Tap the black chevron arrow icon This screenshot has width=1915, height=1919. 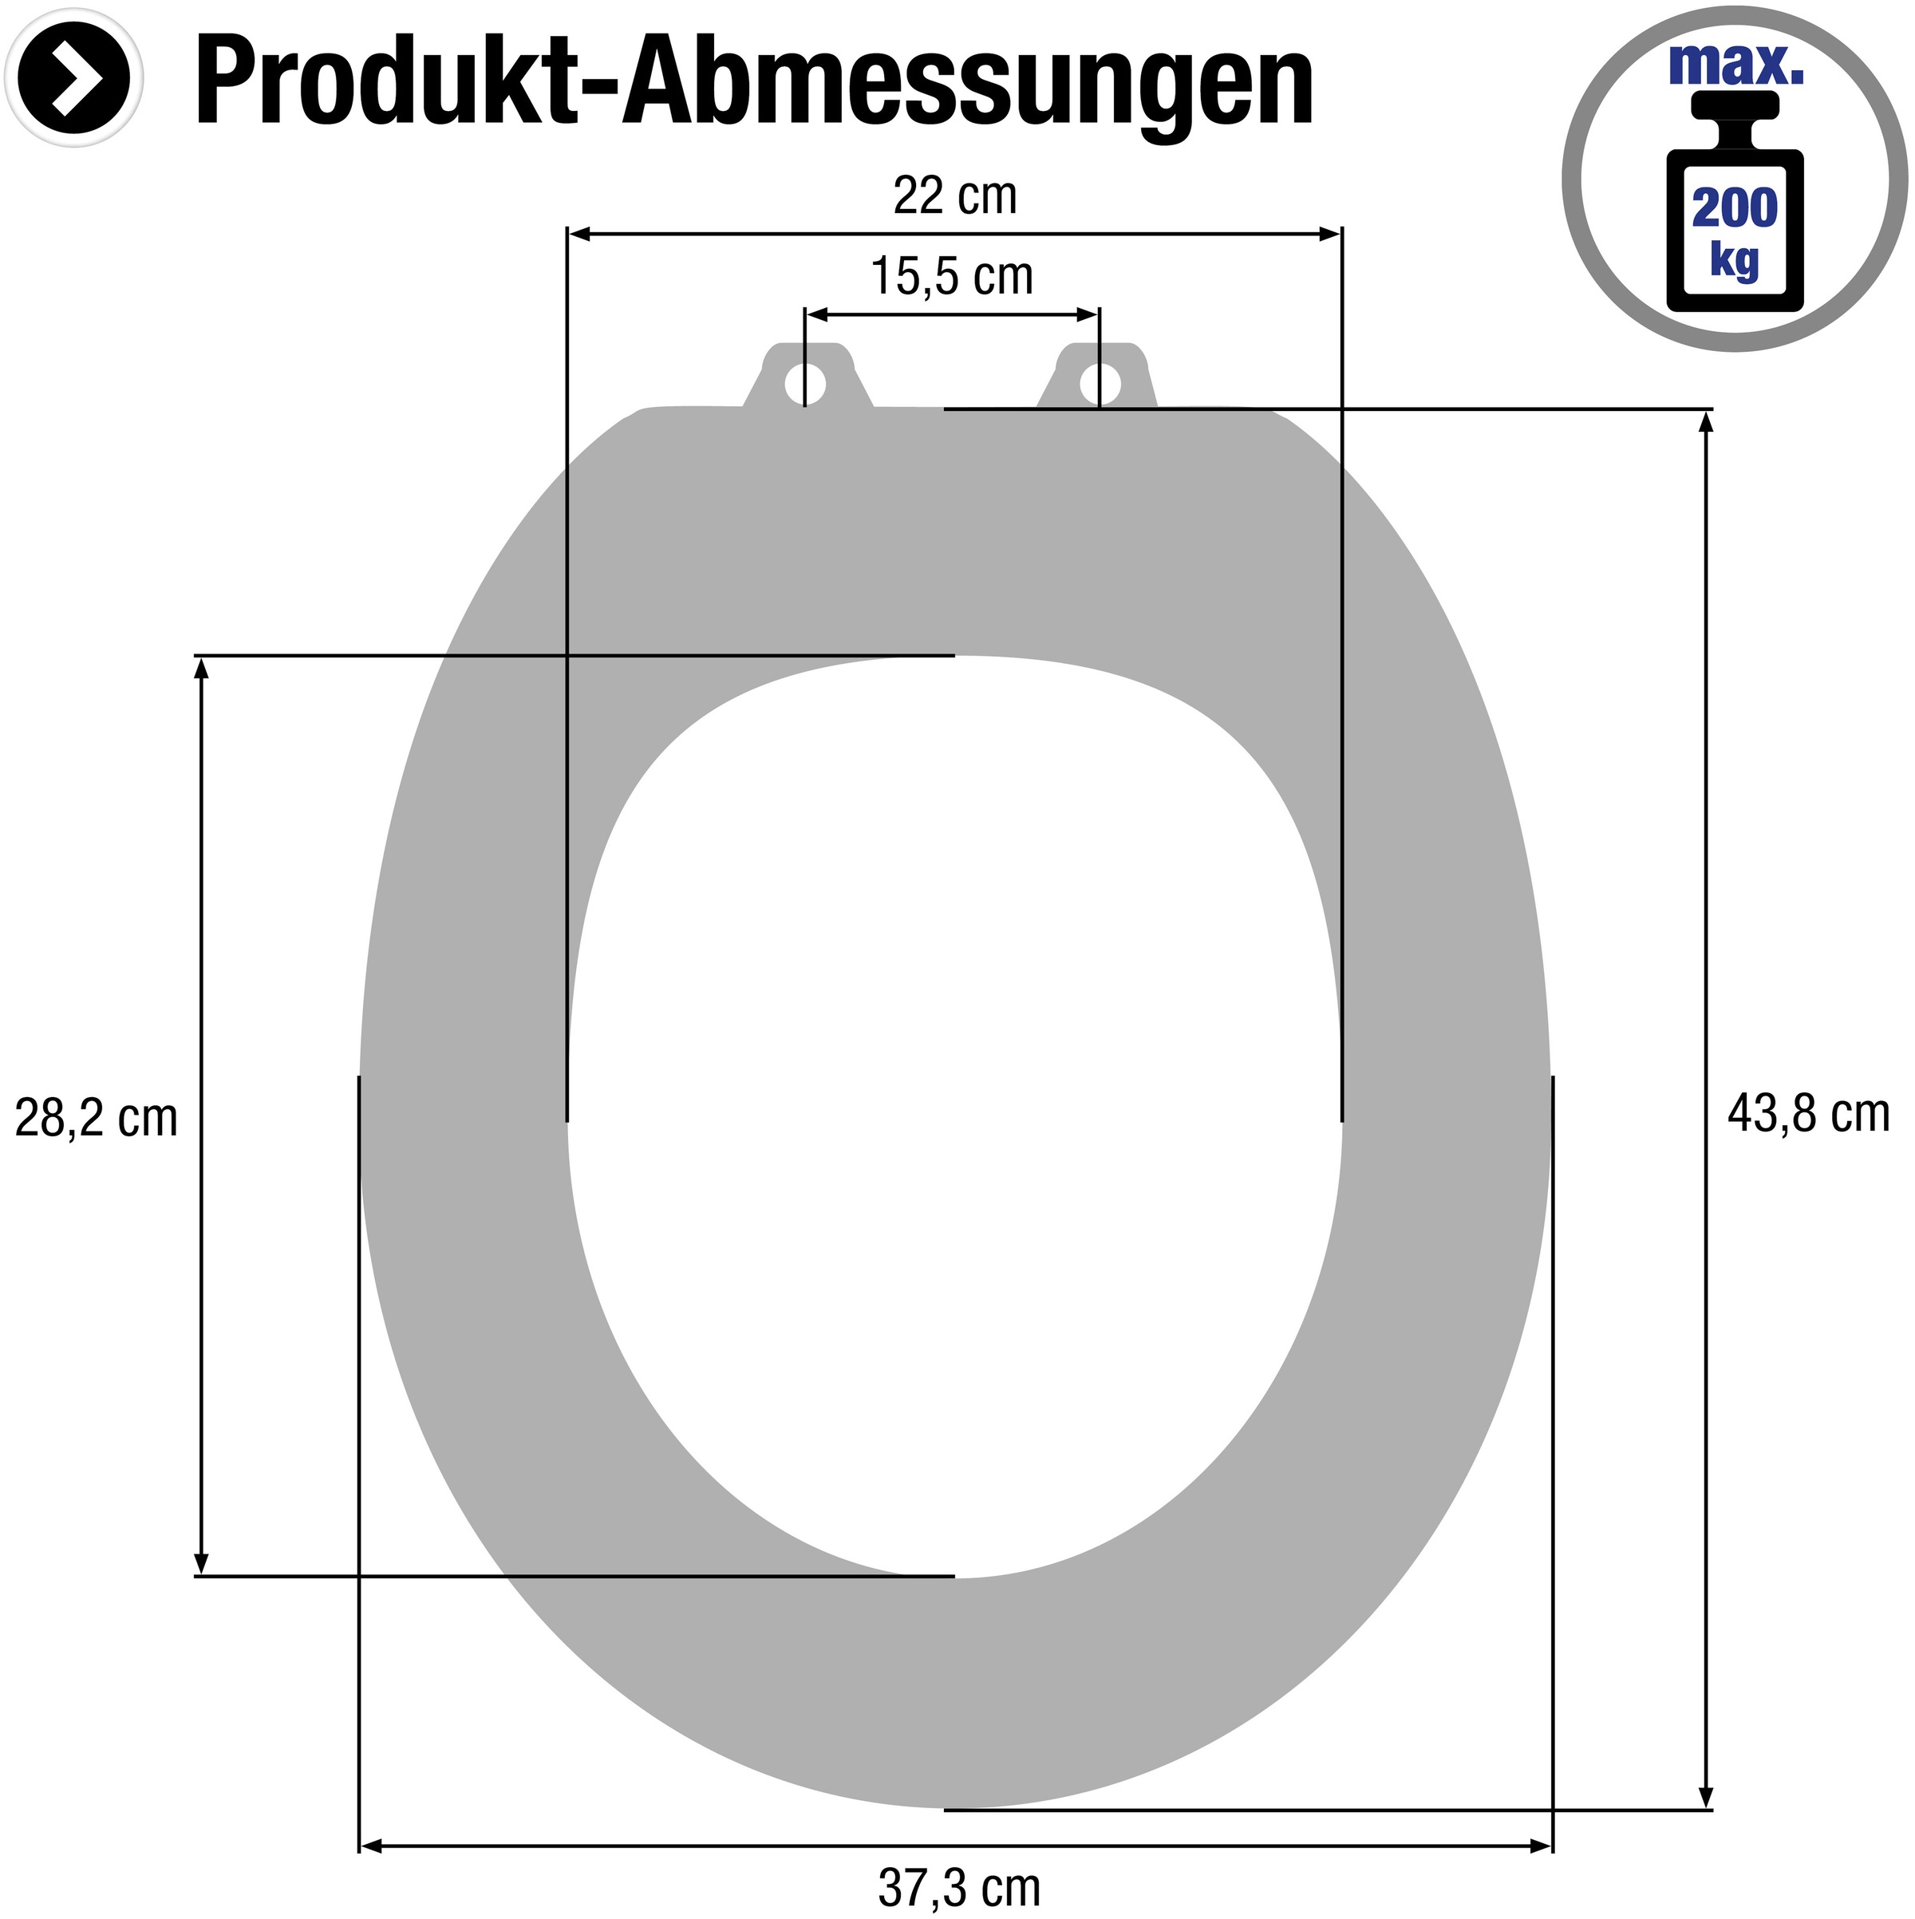pos(74,78)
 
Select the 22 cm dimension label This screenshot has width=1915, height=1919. pos(954,195)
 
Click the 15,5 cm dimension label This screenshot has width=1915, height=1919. pos(952,276)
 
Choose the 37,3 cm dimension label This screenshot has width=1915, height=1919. pos(958,1887)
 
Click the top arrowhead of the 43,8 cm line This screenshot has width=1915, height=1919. pos(1707,422)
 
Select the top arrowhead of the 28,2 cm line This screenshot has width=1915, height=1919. pos(202,669)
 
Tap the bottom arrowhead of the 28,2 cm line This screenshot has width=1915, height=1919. pos(202,1562)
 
